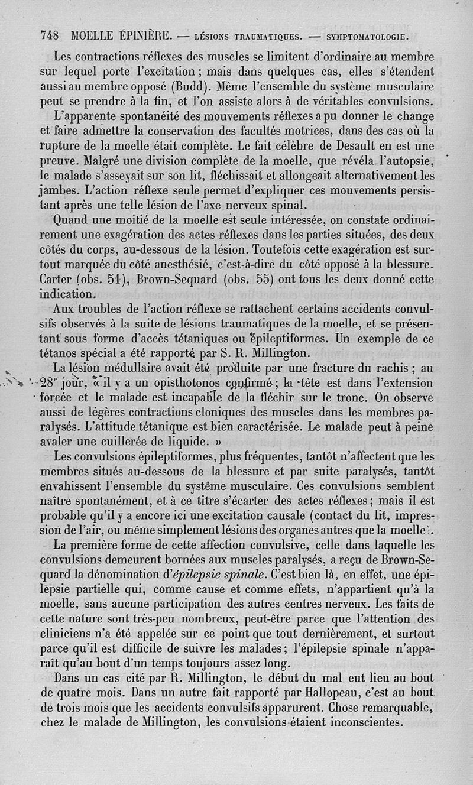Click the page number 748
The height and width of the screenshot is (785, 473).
click(50, 35)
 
